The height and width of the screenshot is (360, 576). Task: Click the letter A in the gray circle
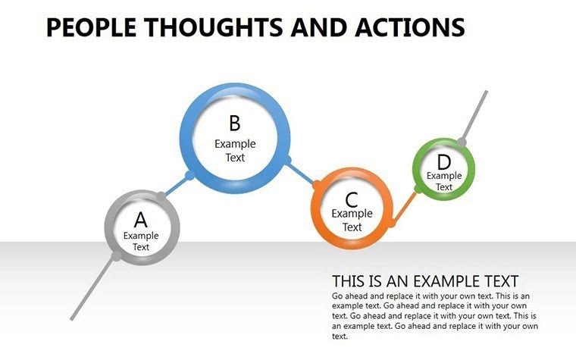coord(141,220)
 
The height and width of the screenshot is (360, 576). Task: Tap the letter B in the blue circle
coord(235,124)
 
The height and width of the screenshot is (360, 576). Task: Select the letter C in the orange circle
coord(352,200)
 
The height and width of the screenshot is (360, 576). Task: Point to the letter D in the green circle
coord(444,162)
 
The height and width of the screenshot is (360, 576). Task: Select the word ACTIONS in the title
coord(409,28)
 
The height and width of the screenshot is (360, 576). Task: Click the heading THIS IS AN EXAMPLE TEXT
coord(425,280)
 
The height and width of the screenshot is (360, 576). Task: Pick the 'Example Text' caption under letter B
coord(235,150)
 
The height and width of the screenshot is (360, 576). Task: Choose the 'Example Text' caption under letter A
coord(141,241)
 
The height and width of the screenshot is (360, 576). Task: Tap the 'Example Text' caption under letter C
coord(352,220)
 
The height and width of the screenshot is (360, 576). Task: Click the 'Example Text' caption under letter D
coord(444,181)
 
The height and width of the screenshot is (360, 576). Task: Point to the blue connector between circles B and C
coord(302,172)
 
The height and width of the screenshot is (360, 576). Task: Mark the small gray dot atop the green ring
coord(462,142)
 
